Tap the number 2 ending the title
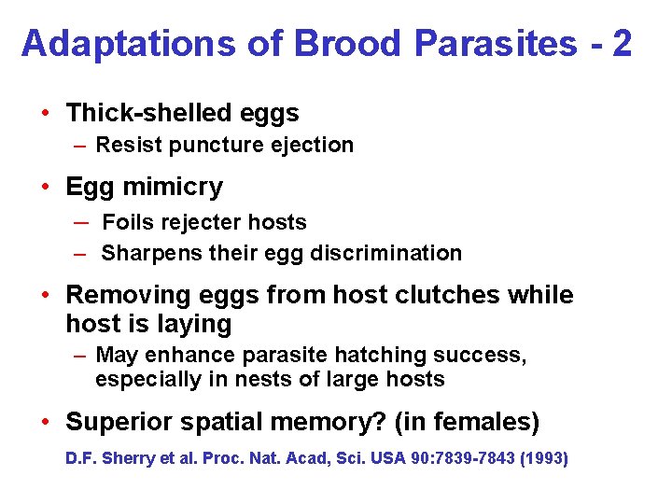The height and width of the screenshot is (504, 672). point(622,43)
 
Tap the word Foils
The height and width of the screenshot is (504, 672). point(125,222)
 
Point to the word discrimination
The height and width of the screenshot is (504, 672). point(396,253)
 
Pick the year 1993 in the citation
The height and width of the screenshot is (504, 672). point(544,459)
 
